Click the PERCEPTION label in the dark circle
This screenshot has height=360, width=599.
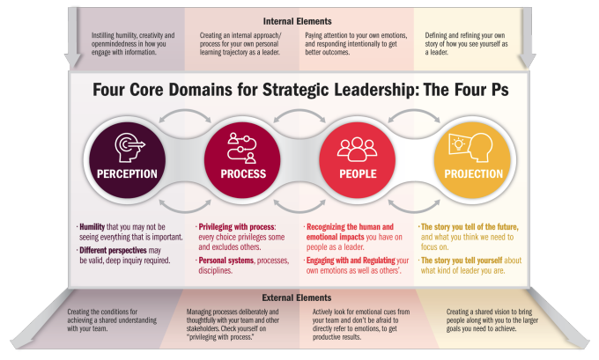(127, 174)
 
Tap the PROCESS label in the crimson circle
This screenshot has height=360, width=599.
(243, 174)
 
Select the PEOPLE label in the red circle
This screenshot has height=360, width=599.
(358, 174)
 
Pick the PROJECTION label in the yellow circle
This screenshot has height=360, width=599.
(474, 174)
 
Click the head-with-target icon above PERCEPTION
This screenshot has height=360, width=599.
(129, 148)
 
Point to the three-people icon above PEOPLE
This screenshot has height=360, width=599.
(357, 149)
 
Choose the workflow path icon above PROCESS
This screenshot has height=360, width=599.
(242, 148)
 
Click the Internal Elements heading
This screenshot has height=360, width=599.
(297, 21)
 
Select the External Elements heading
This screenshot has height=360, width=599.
(297, 298)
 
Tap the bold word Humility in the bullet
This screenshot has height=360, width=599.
(92, 227)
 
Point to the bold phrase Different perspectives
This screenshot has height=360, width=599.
(113, 251)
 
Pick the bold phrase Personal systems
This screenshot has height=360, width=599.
(226, 261)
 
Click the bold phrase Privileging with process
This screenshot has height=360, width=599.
(236, 227)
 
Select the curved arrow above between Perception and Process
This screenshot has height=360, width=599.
(185, 112)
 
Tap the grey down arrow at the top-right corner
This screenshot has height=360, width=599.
(527, 38)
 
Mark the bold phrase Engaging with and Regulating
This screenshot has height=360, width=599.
(351, 261)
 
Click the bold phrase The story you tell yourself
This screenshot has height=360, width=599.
(462, 261)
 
